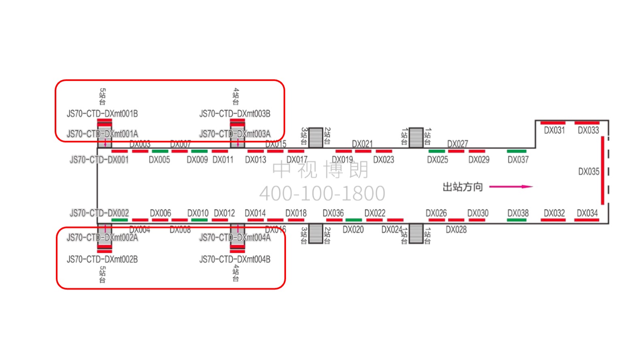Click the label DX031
pyautogui.click(x=554, y=130)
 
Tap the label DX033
pyautogui.click(x=588, y=130)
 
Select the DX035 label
pyautogui.click(x=589, y=172)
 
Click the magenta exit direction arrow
pyautogui.click(x=511, y=187)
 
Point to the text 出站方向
pyautogui.click(x=463, y=187)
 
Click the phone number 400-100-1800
pyautogui.click(x=322, y=193)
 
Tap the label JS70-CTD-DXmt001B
pyautogui.click(x=102, y=114)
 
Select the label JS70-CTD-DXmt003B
pyautogui.click(x=235, y=114)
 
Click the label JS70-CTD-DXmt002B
pyautogui.click(x=102, y=259)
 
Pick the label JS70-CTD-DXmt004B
pyautogui.click(x=235, y=259)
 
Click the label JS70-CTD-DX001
pyautogui.click(x=99, y=160)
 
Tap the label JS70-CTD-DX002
pyautogui.click(x=99, y=213)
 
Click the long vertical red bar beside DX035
pyautogui.click(x=602, y=170)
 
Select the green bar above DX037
pyautogui.click(x=516, y=151)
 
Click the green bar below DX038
pyautogui.click(x=516, y=220)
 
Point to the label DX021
pyautogui.click(x=362, y=144)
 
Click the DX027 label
pyautogui.click(x=457, y=144)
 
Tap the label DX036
pyautogui.click(x=333, y=213)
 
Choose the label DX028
pyautogui.click(x=456, y=230)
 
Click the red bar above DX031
pyautogui.click(x=553, y=123)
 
